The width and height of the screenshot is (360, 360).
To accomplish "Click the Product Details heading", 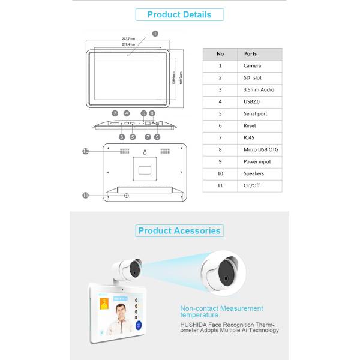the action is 179,15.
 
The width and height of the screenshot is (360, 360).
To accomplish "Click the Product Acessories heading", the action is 179,230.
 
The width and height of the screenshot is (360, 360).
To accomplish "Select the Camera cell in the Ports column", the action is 253,65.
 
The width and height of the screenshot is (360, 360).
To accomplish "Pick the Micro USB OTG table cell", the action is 261,149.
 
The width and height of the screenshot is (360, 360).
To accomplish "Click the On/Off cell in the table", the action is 251,185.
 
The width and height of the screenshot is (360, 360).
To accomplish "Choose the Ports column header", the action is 251,53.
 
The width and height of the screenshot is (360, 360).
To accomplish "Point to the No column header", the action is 220,53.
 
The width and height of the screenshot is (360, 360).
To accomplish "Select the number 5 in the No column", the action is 220,113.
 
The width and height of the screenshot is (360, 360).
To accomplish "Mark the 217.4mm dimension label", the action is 128,44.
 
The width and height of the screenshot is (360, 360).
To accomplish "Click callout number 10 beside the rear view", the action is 85,152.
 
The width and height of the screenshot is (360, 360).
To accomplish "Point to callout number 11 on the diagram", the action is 85,195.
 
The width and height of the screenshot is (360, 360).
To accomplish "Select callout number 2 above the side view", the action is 114,113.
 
